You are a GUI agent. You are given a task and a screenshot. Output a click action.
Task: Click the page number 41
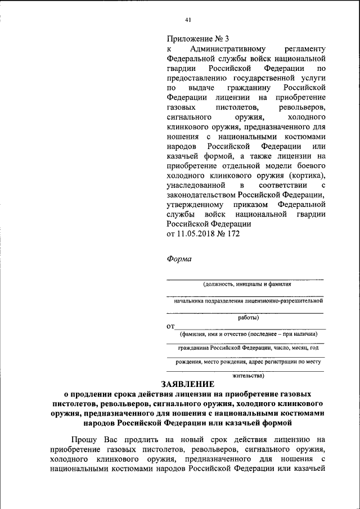click(188, 20)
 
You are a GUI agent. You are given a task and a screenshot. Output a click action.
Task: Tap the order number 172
click(232, 233)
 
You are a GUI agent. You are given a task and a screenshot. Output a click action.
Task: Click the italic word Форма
click(179, 259)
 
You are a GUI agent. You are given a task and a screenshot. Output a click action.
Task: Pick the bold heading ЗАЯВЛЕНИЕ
click(188, 385)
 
